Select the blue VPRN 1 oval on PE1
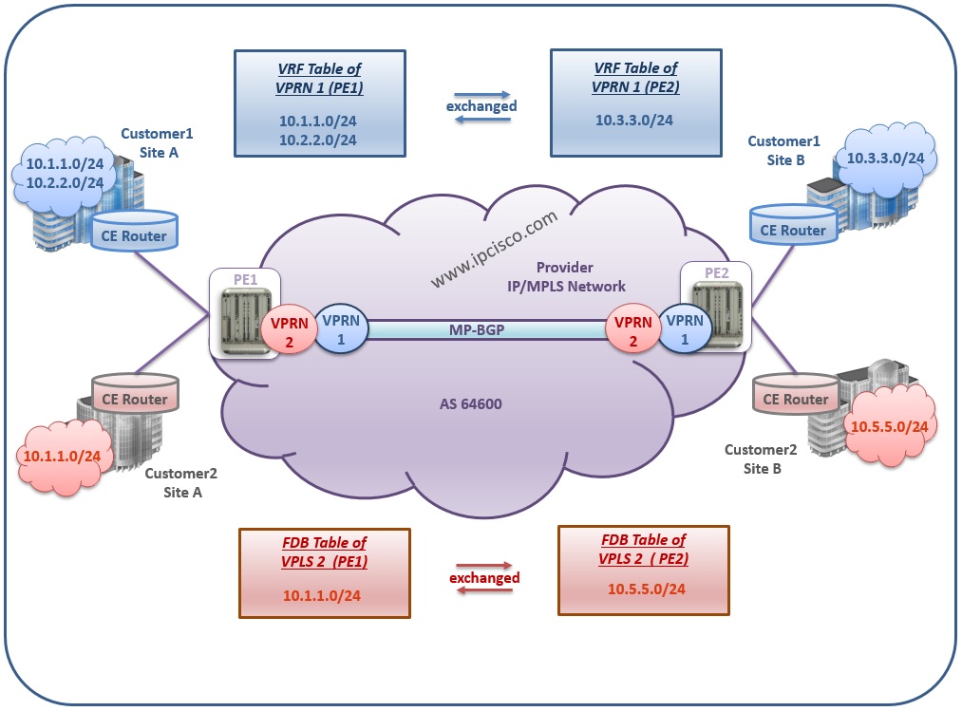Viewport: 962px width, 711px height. tap(338, 328)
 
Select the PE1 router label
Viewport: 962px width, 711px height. tap(245, 279)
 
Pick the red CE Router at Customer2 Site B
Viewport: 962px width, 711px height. tap(795, 399)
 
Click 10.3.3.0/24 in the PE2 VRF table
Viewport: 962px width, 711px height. tap(634, 121)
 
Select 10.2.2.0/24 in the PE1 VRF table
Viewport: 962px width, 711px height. tap(318, 139)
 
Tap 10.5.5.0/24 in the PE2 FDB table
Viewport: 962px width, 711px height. tap(647, 589)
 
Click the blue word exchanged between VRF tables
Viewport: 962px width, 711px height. tap(481, 106)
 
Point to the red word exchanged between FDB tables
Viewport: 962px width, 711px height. tap(484, 577)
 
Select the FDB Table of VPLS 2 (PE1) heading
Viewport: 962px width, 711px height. tap(324, 552)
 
